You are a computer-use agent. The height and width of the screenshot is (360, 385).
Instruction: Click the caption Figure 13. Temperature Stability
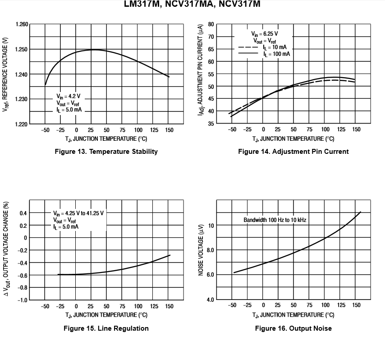(106, 152)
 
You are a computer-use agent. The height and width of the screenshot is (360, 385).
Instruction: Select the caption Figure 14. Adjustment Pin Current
(293, 152)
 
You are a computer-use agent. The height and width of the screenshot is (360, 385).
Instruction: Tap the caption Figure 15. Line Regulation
(106, 328)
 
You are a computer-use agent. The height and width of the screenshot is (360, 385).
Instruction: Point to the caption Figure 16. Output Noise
(293, 328)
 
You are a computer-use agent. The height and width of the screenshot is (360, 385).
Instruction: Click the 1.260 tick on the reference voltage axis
(22, 24)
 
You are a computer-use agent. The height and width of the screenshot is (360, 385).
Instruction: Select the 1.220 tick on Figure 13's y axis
(22, 124)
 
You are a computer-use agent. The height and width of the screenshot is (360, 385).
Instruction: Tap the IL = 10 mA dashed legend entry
(276, 47)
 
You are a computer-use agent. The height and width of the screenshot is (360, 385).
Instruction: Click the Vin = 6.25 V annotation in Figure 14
(265, 34)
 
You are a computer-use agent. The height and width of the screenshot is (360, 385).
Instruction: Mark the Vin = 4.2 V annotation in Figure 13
(69, 96)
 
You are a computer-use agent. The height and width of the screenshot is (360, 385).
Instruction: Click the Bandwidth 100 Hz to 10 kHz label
(275, 220)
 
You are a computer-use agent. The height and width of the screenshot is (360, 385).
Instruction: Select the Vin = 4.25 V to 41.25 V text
(78, 213)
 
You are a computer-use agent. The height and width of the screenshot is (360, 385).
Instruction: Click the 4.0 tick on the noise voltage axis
(210, 300)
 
